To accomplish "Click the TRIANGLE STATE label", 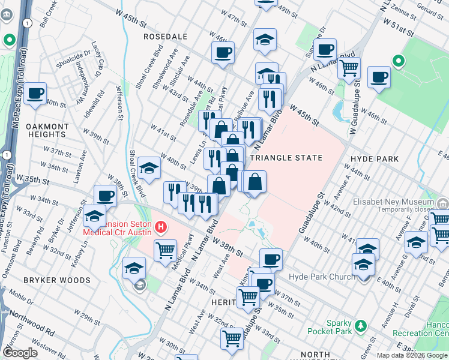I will pos(286,158).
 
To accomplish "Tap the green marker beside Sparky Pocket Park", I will pos(361,326).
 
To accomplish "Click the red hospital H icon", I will pos(160,227).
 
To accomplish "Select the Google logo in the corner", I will pos(20,353).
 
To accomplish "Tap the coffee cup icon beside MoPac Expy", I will pos(35,94).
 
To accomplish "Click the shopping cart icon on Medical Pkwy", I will pos(165,249).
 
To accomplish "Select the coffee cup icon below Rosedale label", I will pos(223,52).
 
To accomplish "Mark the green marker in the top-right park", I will pos(397,61).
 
